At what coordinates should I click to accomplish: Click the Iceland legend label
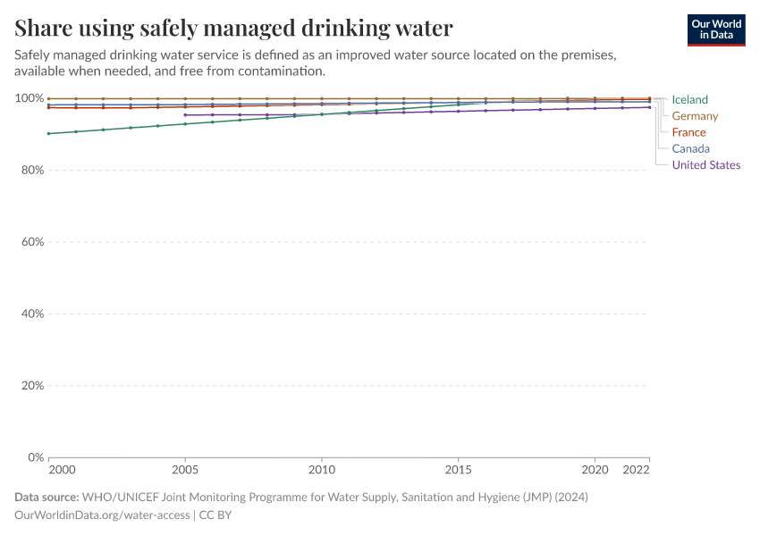pyautogui.click(x=689, y=100)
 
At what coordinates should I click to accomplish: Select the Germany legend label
pyautogui.click(x=695, y=116)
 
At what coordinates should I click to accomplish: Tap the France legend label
pyautogui.click(x=688, y=132)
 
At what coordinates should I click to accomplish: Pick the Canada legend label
pyautogui.click(x=690, y=148)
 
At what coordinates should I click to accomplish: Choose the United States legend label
pyautogui.click(x=705, y=164)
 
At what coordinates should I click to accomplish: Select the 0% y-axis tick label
pyautogui.click(x=32, y=457)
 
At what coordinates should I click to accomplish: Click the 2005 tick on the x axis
pyautogui.click(x=185, y=469)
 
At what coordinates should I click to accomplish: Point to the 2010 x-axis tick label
pyautogui.click(x=322, y=469)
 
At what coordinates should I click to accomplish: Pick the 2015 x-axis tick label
pyautogui.click(x=459, y=469)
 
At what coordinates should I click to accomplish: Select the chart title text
pyautogui.click(x=233, y=28)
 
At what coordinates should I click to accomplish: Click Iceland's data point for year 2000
pyautogui.click(x=48, y=134)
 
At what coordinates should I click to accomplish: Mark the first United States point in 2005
pyautogui.click(x=185, y=115)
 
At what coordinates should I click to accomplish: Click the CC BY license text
pyautogui.click(x=215, y=515)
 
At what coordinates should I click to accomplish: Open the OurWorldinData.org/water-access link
pyautogui.click(x=102, y=515)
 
